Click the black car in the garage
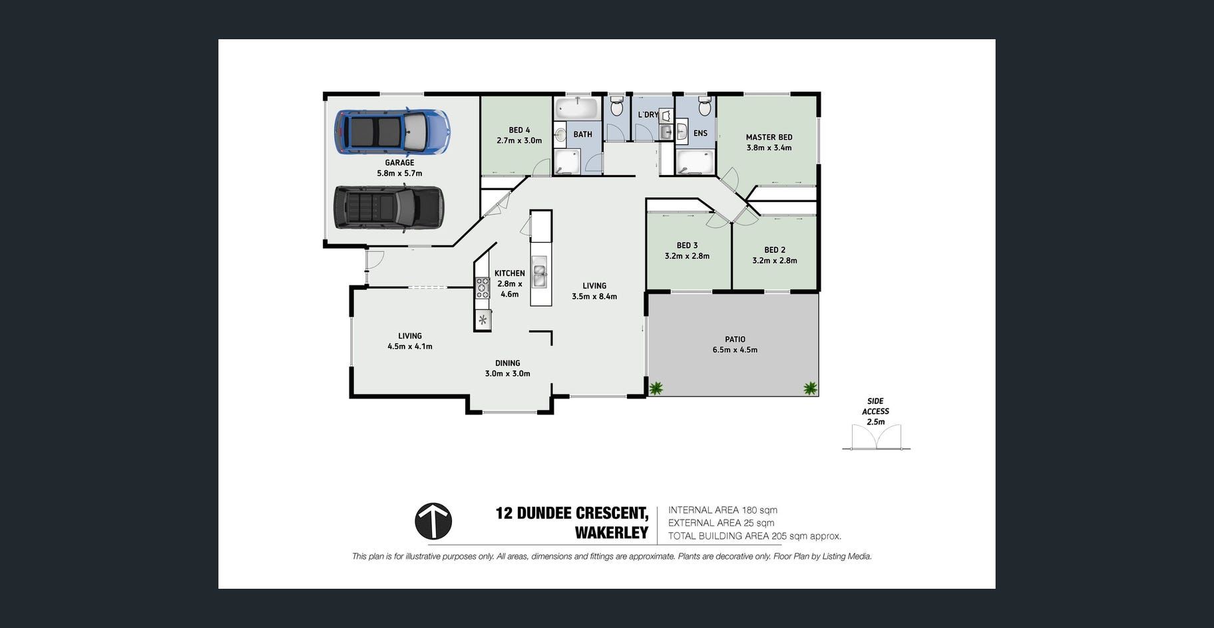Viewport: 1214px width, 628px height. pyautogui.click(x=388, y=208)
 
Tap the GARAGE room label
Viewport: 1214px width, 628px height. pyautogui.click(x=399, y=162)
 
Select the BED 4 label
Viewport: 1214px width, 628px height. pyautogui.click(x=519, y=130)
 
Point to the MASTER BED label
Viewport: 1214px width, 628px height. pyautogui.click(x=769, y=137)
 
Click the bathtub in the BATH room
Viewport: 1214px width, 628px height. pyautogui.click(x=578, y=108)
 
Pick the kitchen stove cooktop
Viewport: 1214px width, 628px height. pyautogui.click(x=483, y=287)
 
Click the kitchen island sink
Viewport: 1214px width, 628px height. pyautogui.click(x=540, y=271)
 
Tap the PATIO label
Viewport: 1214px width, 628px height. pyautogui.click(x=735, y=339)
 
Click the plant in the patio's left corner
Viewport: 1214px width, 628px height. pyautogui.click(x=656, y=388)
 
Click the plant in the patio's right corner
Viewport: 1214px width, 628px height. pyautogui.click(x=810, y=388)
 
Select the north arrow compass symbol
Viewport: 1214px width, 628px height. pyautogui.click(x=433, y=521)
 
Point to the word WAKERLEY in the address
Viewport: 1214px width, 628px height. pyautogui.click(x=612, y=533)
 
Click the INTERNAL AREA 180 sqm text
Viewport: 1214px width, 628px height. pyautogui.click(x=723, y=510)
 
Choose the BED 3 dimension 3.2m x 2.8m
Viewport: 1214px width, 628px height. pyautogui.click(x=687, y=256)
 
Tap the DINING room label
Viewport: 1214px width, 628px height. pyautogui.click(x=507, y=363)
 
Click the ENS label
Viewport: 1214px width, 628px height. pyautogui.click(x=700, y=133)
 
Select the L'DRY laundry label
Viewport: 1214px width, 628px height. pyautogui.click(x=648, y=114)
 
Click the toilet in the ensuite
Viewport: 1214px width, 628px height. pyautogui.click(x=704, y=106)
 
